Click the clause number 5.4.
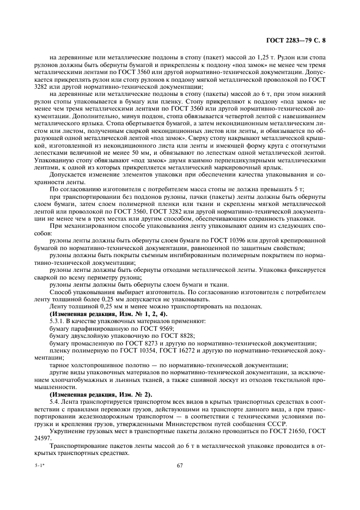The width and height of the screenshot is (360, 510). [54, 402]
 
